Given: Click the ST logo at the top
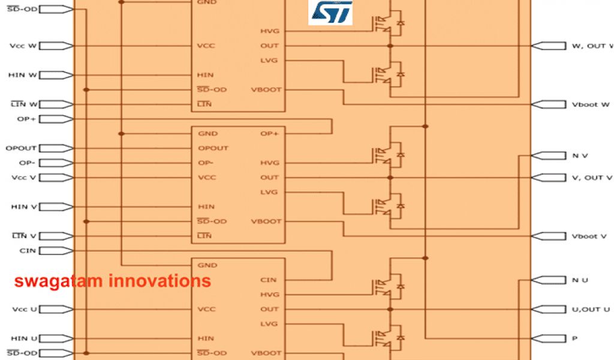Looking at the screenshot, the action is click(330, 13).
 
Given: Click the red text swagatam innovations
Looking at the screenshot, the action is click(112, 281).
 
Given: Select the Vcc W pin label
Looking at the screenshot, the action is click(23, 46).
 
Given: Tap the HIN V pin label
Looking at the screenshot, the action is click(24, 207).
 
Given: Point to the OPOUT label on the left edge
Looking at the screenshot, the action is click(21, 148).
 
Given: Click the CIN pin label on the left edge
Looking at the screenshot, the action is click(28, 251).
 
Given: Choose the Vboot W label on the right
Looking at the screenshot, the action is click(591, 104).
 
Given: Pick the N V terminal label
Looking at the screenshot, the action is click(580, 156).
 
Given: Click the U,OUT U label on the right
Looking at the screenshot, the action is click(591, 310).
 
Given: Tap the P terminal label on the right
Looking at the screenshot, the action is click(574, 338).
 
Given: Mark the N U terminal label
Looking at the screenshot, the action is click(580, 280).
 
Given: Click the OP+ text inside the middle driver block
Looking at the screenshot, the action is click(269, 134).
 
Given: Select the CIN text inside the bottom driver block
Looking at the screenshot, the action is click(269, 280).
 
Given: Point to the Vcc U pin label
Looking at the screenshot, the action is click(24, 310).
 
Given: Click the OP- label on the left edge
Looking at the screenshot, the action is click(28, 163).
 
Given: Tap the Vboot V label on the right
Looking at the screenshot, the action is click(589, 236).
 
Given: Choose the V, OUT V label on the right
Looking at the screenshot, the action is click(592, 178).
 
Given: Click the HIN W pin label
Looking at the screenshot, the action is click(23, 75).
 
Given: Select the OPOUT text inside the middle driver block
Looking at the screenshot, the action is click(213, 148).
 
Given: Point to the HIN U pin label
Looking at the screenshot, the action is click(24, 339).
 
